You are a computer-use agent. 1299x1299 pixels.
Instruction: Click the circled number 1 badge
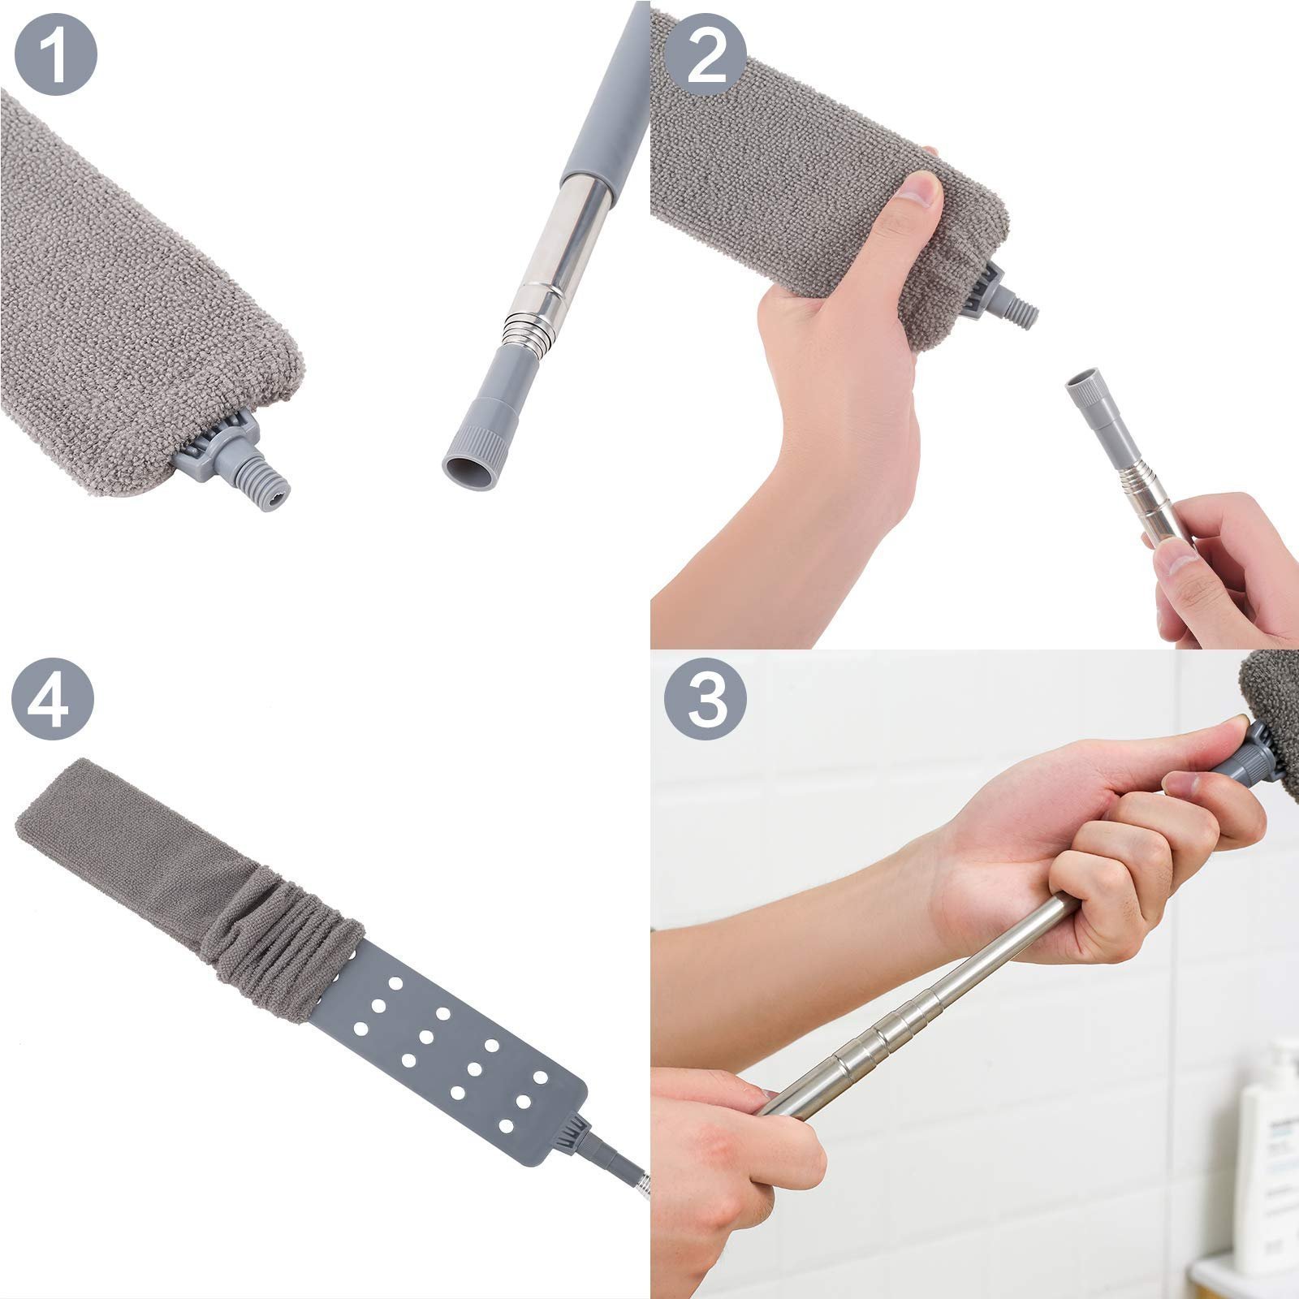click(x=55, y=55)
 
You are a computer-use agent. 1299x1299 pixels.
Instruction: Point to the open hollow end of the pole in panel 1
click(x=468, y=471)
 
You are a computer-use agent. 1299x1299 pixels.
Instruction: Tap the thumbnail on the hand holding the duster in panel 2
click(x=922, y=191)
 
